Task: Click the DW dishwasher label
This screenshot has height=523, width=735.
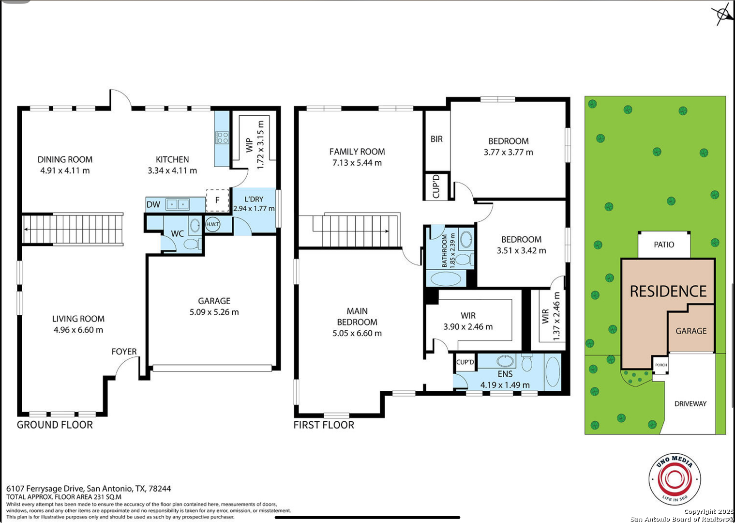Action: (x=153, y=204)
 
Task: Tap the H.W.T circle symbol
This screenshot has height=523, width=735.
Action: (x=212, y=224)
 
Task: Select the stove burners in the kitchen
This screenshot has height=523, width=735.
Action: (x=222, y=137)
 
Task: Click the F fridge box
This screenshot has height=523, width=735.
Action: (x=217, y=200)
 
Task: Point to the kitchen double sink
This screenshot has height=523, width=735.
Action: (x=178, y=204)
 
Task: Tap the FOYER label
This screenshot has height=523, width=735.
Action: (x=124, y=352)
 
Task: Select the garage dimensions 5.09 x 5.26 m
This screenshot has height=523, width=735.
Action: (x=214, y=312)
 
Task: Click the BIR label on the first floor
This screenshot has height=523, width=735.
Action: (x=436, y=139)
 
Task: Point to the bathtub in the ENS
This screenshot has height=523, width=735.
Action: (x=553, y=372)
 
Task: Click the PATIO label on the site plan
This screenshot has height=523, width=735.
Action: (x=664, y=245)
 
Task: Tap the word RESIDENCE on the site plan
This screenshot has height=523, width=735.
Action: (x=668, y=291)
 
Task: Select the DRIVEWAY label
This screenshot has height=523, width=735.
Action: (x=690, y=404)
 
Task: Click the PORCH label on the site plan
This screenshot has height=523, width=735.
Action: (x=661, y=365)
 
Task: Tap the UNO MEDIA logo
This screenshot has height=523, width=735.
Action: (x=675, y=480)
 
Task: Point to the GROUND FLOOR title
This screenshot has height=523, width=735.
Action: (x=55, y=425)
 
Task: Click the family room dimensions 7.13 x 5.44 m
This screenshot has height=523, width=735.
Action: (x=357, y=163)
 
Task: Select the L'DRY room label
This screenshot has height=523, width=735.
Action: (x=254, y=199)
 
